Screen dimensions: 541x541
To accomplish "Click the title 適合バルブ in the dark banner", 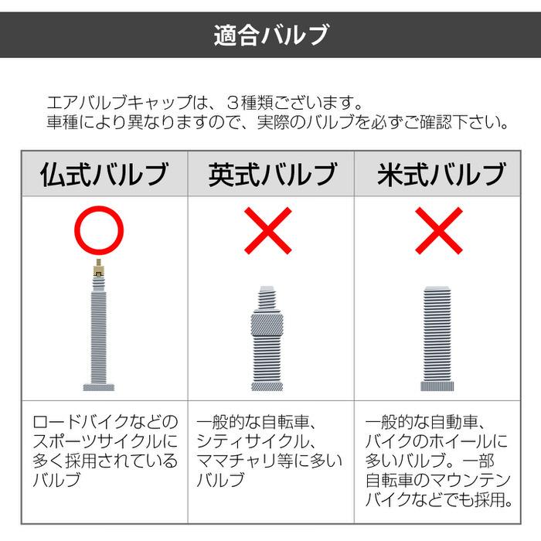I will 270,35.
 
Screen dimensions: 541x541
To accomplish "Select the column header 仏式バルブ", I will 104,174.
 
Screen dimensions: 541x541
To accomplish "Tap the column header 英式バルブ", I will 272,174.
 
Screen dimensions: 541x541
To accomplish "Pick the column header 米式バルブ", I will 441,174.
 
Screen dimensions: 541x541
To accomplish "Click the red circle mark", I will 100,230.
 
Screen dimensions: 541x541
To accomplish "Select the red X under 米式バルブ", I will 438,230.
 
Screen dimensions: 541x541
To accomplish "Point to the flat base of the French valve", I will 99,386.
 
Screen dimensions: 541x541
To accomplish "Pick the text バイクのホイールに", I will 436,443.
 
